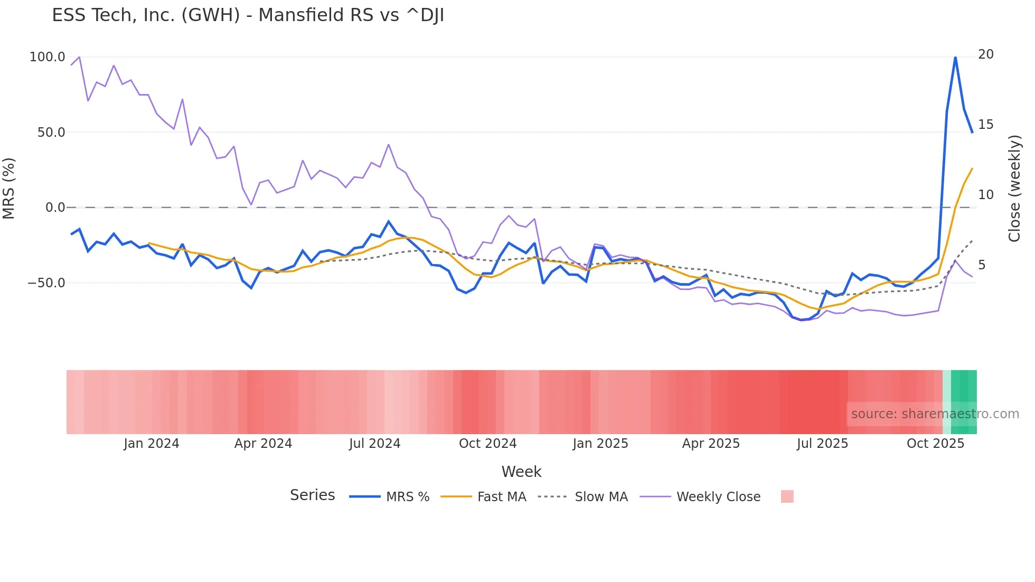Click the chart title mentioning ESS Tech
click(x=248, y=15)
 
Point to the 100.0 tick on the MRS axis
click(x=47, y=57)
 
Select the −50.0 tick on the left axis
click(x=46, y=283)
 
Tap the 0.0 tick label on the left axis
click(x=55, y=208)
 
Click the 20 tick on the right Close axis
click(x=985, y=54)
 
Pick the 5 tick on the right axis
click(x=982, y=265)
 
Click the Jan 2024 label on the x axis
click(x=152, y=444)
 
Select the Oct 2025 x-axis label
click(x=935, y=444)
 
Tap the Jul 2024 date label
click(x=374, y=444)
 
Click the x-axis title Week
click(x=521, y=472)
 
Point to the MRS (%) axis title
click(x=9, y=189)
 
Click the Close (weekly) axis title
click(x=1014, y=189)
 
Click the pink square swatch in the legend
click(x=787, y=497)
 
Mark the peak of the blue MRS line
click(x=955, y=57)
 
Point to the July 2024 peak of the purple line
click(x=389, y=145)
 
